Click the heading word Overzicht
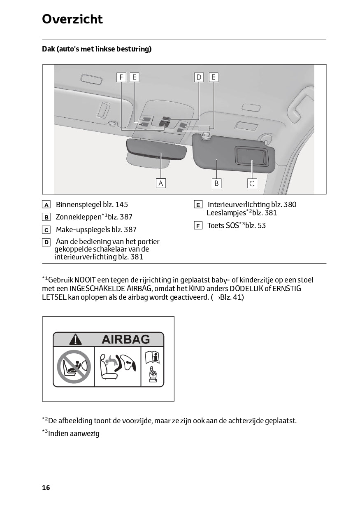pyautogui.click(x=72, y=19)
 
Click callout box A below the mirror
pyautogui.click(x=161, y=183)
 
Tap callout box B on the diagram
pyautogui.click(x=216, y=183)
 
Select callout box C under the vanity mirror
pyautogui.click(x=252, y=183)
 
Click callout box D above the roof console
pyautogui.click(x=199, y=77)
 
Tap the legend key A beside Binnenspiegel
pyautogui.click(x=46, y=205)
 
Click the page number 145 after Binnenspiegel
pyautogui.click(x=122, y=204)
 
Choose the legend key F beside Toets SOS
pyautogui.click(x=198, y=226)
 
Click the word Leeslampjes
pyautogui.click(x=226, y=213)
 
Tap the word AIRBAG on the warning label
pyautogui.click(x=125, y=339)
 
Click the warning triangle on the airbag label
pyautogui.click(x=75, y=339)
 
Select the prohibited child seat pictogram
pyautogui.click(x=74, y=366)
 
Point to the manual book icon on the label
pyautogui.click(x=152, y=357)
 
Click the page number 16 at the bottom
pyautogui.click(x=46, y=488)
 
